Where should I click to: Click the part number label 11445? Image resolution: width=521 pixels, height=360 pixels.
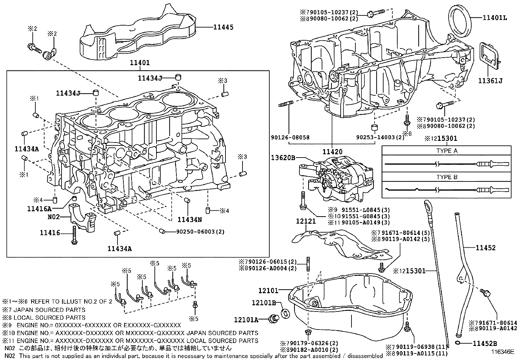[x=223, y=27]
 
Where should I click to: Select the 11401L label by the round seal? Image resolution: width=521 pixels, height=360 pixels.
[x=495, y=18]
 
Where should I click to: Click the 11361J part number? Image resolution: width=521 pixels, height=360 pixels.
[x=490, y=81]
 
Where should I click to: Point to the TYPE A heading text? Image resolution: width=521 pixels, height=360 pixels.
[x=447, y=151]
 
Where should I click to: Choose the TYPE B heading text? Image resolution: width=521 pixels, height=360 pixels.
[x=447, y=177]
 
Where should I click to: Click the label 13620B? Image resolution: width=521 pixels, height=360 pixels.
[x=283, y=158]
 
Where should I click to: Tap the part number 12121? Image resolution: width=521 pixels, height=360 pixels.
[x=306, y=221]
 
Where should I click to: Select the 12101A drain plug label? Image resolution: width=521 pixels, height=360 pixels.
[x=246, y=320]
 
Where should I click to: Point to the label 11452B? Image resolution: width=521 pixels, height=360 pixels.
[x=485, y=344]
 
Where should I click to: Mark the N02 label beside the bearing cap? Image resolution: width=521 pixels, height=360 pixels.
[x=54, y=217]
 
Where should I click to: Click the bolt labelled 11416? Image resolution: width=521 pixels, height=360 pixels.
[x=74, y=235]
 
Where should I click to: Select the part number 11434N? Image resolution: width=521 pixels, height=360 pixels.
[x=189, y=219]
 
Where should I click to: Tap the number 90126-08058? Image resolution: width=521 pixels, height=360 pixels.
[x=290, y=137]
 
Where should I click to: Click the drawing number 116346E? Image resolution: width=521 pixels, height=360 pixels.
[x=502, y=351]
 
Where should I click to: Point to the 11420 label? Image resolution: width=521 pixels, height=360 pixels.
[x=332, y=152]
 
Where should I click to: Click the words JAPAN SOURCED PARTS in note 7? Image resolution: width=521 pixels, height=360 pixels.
[x=49, y=310]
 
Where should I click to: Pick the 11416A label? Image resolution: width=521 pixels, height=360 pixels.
[x=39, y=209]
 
